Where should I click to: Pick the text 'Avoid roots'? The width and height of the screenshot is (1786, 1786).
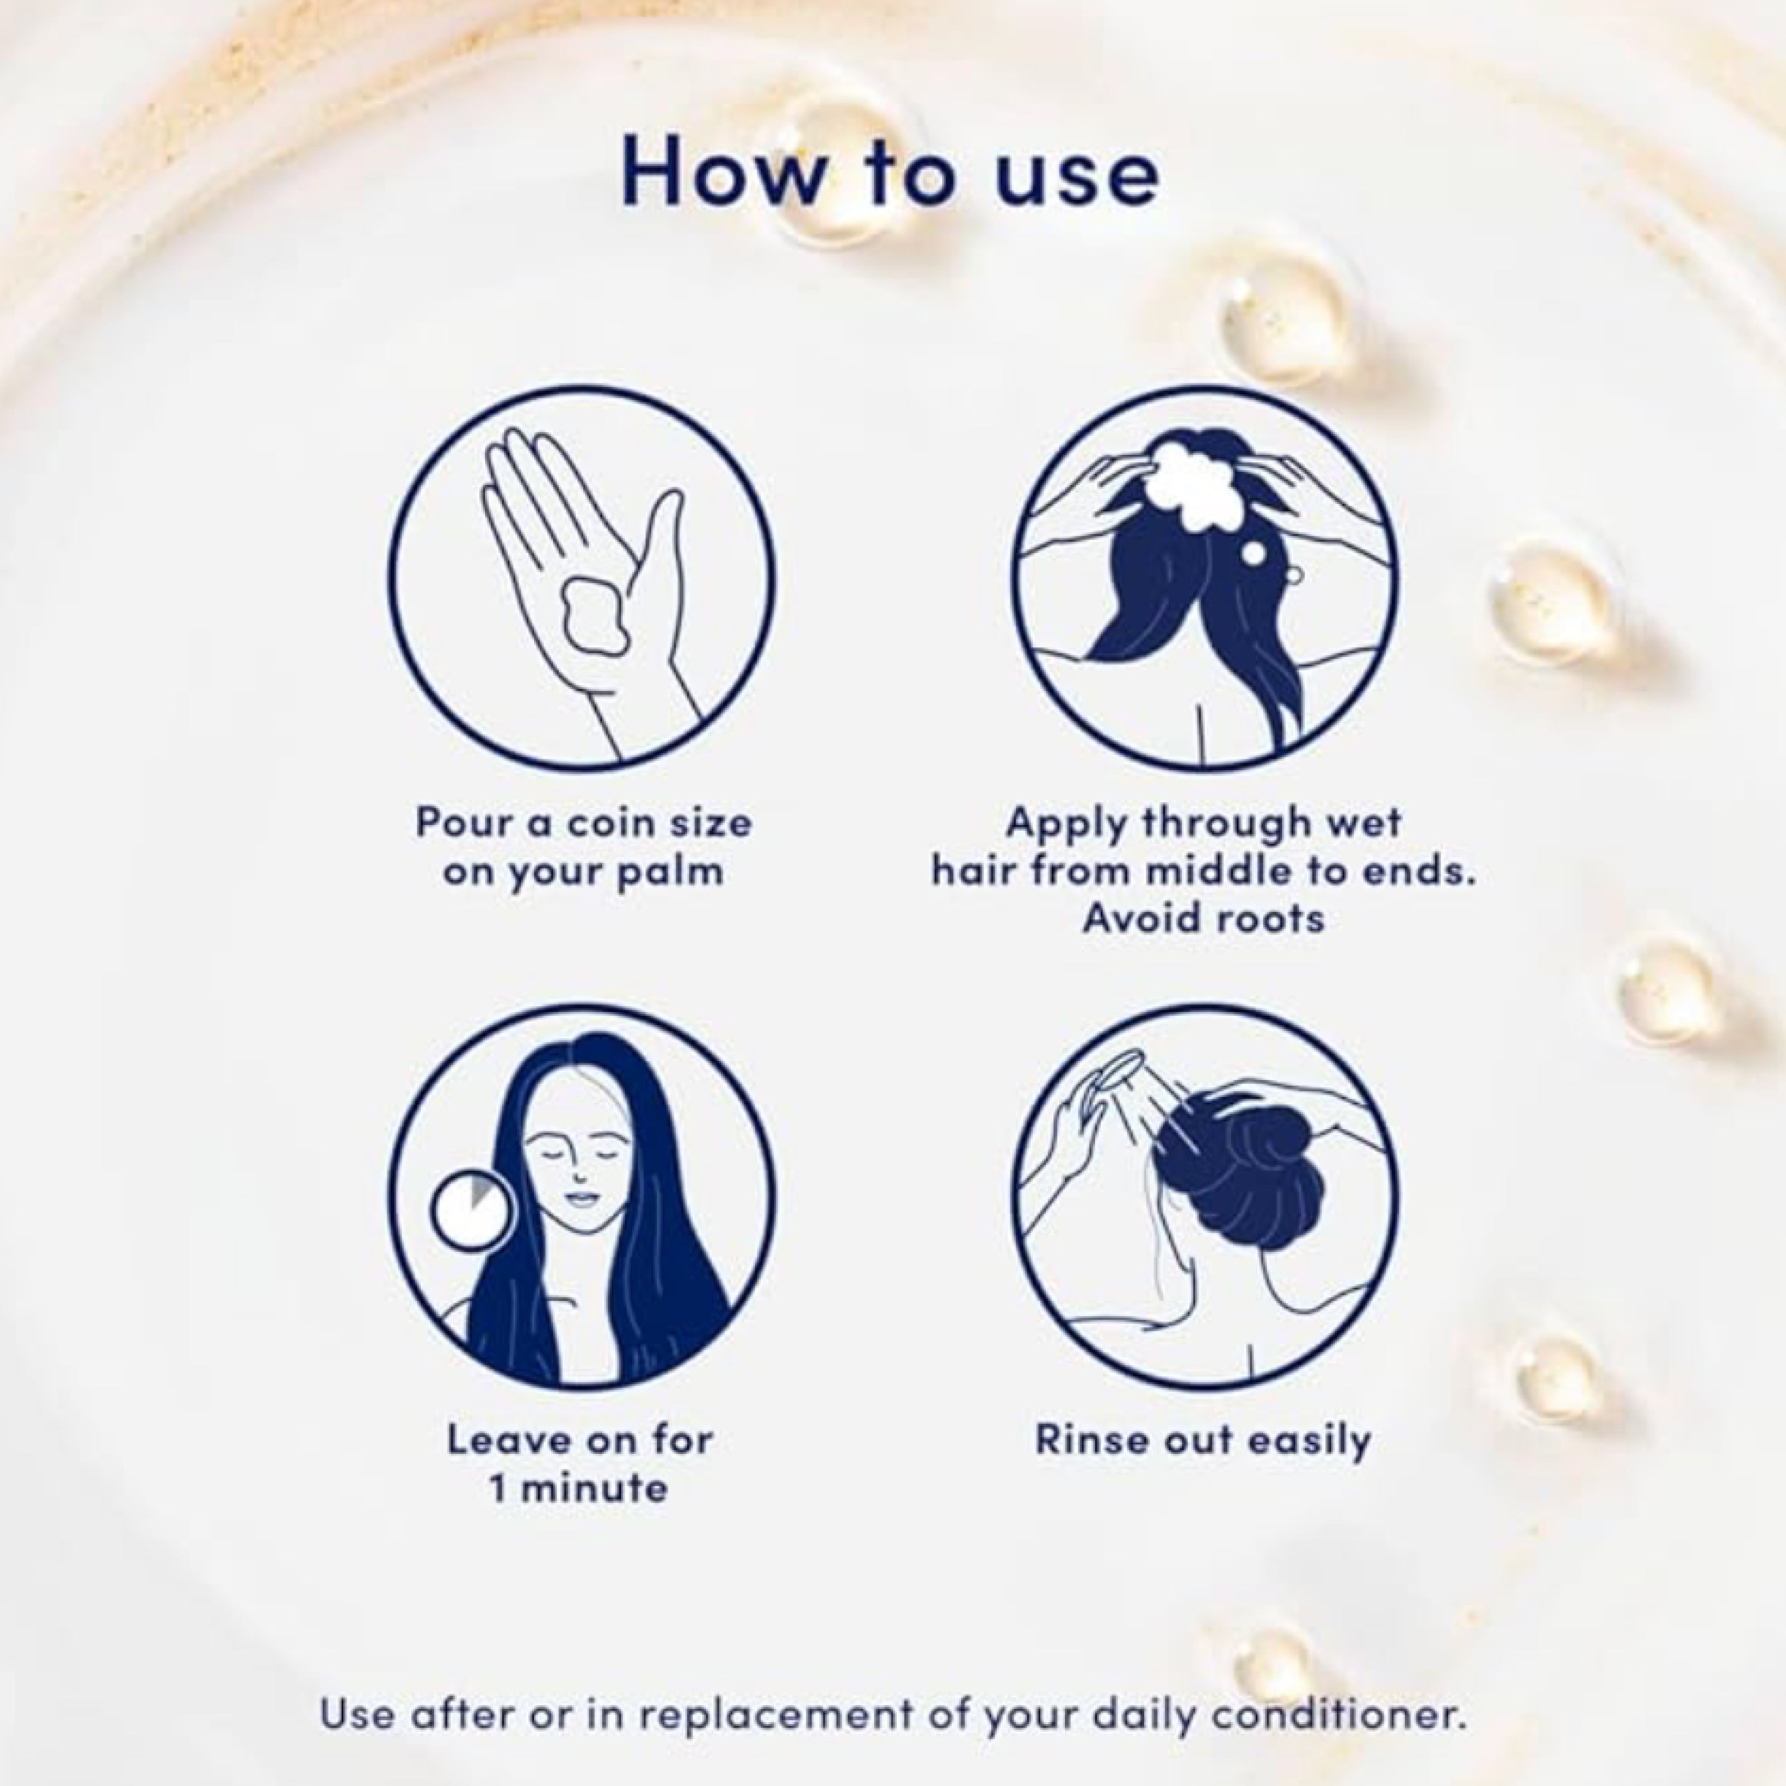(x=1204, y=919)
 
